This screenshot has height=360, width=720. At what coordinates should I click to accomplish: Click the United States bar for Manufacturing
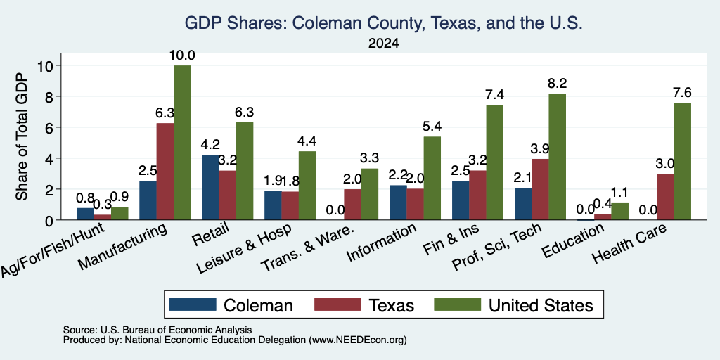coord(182,143)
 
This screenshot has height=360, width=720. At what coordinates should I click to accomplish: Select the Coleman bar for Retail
coord(210,187)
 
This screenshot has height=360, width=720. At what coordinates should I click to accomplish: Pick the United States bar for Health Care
coord(682,161)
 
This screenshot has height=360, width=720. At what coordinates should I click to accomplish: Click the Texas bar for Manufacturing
coord(165,172)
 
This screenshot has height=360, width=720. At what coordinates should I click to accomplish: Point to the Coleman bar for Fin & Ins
coord(461,200)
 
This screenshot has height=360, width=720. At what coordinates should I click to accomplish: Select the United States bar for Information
coord(432,178)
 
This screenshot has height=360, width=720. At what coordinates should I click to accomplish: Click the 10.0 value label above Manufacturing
coord(182,56)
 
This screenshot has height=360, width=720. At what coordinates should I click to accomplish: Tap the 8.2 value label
coord(557,84)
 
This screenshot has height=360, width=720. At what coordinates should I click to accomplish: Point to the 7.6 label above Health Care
coord(682,93)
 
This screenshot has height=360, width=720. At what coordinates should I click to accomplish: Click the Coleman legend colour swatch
coord(193,304)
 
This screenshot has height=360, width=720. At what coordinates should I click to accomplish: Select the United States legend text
coord(541,305)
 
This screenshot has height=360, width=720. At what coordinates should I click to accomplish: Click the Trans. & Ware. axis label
coord(308,248)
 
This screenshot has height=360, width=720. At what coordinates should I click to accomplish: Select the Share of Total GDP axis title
coord(22,136)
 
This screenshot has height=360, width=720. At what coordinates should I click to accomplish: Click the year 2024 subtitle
coord(383,44)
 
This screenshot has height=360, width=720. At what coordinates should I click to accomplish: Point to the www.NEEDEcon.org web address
coord(358,340)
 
